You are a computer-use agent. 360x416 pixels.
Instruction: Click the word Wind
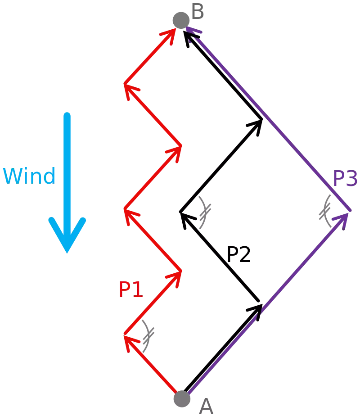click(30, 176)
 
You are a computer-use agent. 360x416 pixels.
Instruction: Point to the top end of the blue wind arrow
click(67, 113)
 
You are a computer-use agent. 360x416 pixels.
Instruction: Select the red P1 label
click(130, 290)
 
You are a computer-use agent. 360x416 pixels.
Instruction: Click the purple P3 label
click(345, 180)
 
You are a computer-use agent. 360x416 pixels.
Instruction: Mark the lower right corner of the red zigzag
click(181, 271)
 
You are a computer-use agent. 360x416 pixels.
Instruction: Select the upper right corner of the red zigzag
click(181, 146)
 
